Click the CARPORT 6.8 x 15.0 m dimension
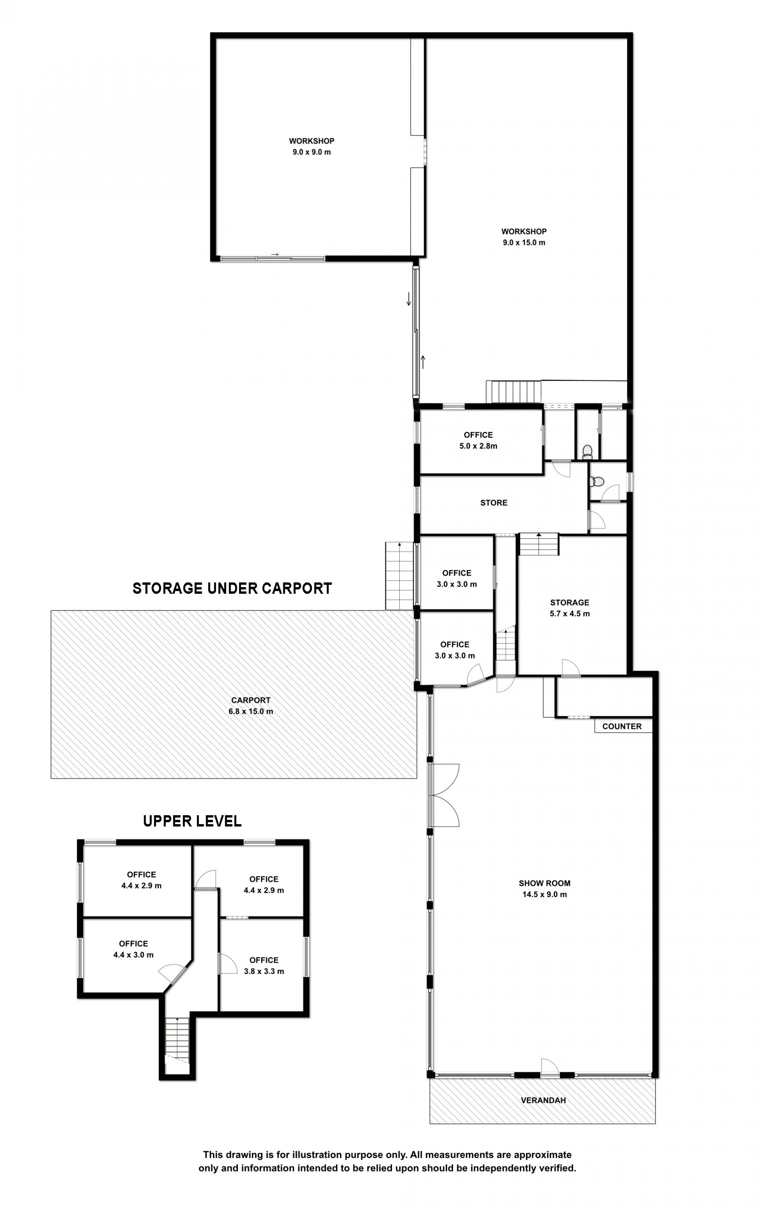[x=251, y=706]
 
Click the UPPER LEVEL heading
[x=192, y=821]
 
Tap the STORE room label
[x=494, y=503]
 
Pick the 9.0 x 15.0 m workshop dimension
[x=524, y=242]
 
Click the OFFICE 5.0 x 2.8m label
[x=478, y=440]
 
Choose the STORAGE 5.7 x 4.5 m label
[x=570, y=608]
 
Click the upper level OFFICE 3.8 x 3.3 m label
[x=264, y=966]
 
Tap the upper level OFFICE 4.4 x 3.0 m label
[x=133, y=949]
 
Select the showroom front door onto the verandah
[x=549, y=1066]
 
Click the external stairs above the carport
[x=399, y=576]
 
